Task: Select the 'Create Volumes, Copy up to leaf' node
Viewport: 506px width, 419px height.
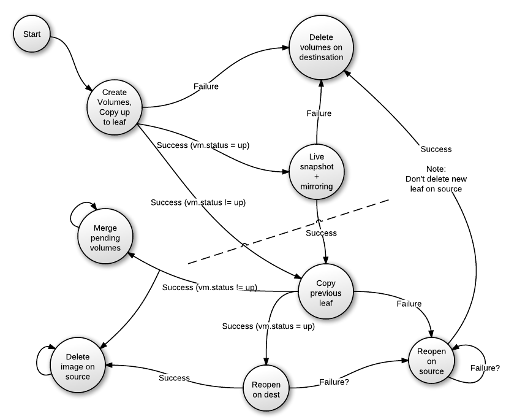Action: (115, 107)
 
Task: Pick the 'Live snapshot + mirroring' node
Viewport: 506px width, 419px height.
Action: (316, 172)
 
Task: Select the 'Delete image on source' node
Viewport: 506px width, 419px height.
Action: (78, 366)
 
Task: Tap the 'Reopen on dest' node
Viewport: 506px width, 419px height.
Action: (266, 388)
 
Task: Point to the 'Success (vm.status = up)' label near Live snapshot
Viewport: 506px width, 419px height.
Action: (203, 145)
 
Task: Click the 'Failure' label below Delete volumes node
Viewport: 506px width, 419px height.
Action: (319, 113)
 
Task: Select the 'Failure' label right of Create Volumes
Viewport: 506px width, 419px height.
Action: (206, 86)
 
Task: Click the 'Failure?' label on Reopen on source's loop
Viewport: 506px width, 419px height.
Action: (485, 368)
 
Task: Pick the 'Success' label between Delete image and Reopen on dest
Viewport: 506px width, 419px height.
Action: (175, 378)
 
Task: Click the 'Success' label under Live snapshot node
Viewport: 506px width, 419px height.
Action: (321, 233)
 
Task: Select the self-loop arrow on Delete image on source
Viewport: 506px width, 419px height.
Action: (40, 358)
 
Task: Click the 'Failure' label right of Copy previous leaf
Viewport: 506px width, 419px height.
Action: (409, 304)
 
